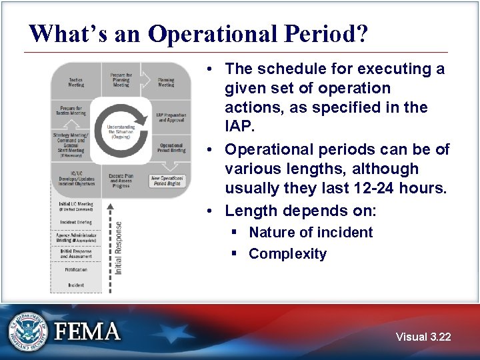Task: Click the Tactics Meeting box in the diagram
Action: (76, 81)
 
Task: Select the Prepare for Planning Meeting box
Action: (121, 80)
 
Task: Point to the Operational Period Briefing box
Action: (171, 148)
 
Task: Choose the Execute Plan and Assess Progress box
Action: (121, 180)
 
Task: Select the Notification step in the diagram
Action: (76, 271)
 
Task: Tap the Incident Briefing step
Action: (76, 222)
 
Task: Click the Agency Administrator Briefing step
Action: (76, 238)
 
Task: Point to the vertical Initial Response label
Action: (119, 249)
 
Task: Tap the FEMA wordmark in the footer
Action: (87, 332)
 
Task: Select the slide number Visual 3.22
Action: (423, 337)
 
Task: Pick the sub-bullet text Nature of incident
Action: (310, 233)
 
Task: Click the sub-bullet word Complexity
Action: (287, 254)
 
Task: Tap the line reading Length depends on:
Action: (300, 211)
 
